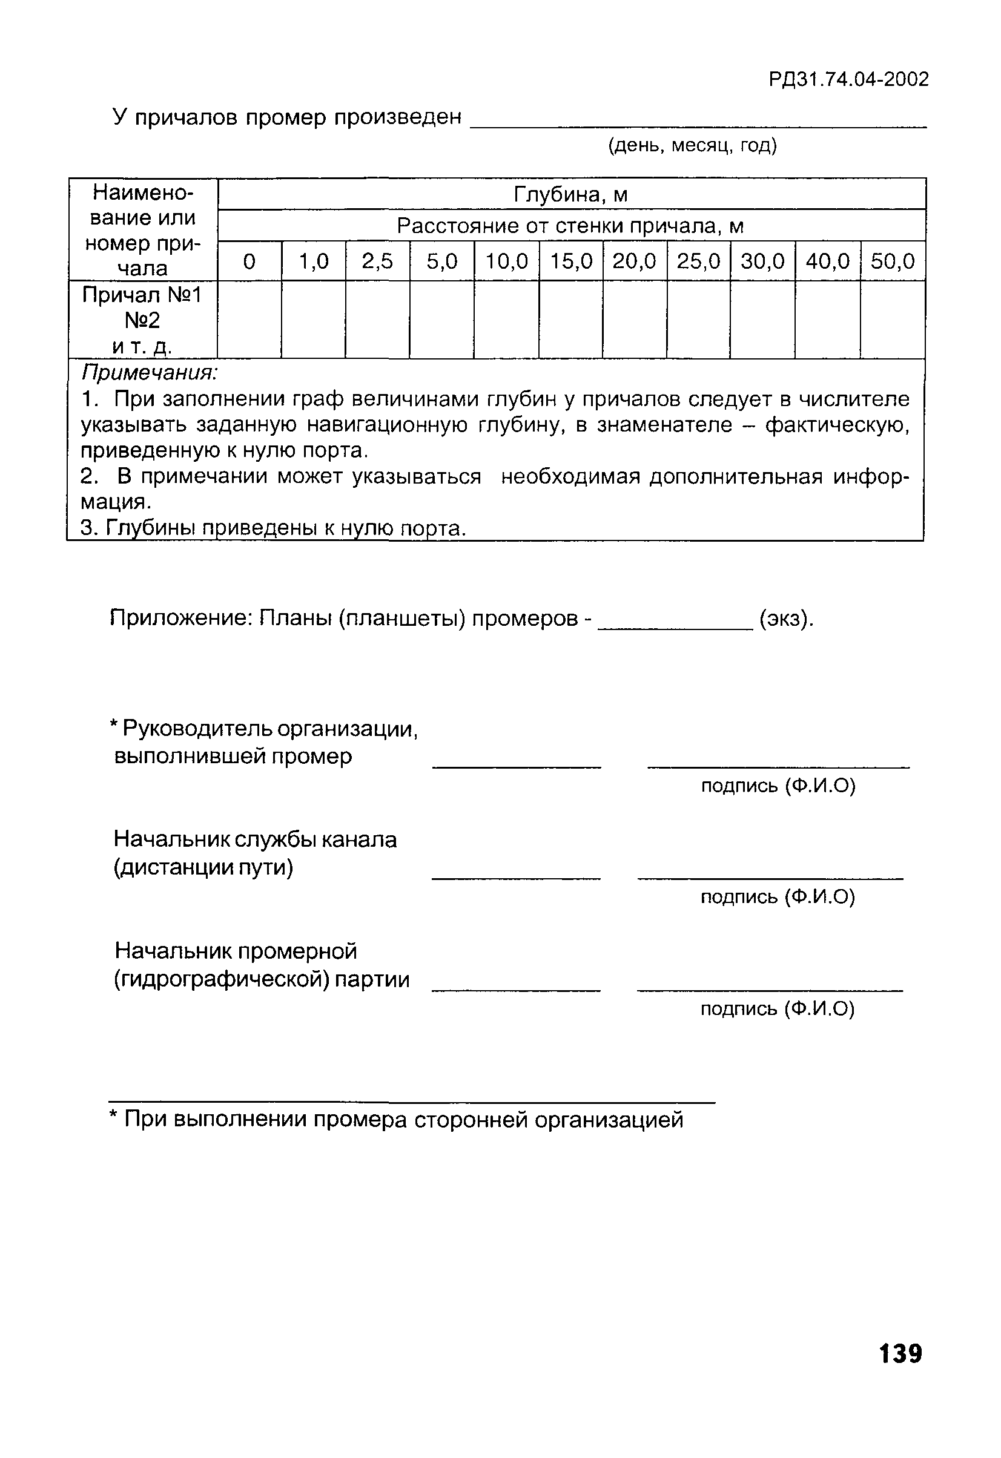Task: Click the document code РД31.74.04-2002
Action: click(848, 80)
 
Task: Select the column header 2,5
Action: click(377, 261)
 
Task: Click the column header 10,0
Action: click(506, 261)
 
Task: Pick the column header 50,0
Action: click(893, 261)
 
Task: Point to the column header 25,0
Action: click(698, 261)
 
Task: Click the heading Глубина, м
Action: click(570, 194)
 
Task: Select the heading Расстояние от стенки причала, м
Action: click(570, 226)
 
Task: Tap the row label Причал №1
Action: click(142, 295)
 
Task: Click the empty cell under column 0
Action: click(249, 320)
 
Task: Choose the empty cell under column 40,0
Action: click(827, 320)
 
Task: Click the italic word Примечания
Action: click(150, 373)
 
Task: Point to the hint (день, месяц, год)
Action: click(692, 145)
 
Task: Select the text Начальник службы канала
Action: click(255, 839)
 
